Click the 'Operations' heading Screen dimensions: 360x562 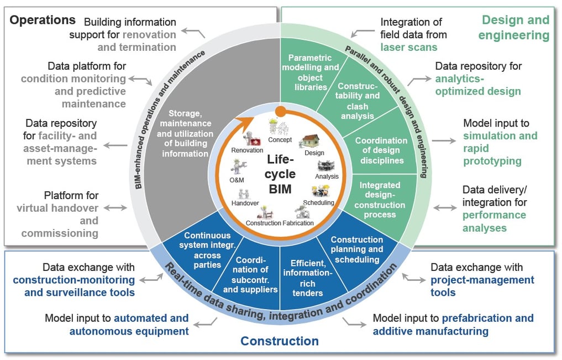click(43, 20)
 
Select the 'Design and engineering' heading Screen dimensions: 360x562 click(515, 28)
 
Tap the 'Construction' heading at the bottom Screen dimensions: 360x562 click(280, 341)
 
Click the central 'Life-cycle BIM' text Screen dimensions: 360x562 click(281, 174)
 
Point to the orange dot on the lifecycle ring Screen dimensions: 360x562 click(280, 111)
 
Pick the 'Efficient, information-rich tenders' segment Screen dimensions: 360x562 click(308, 276)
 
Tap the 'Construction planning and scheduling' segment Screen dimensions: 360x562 click(356, 249)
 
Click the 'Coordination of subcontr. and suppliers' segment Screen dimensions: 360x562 click(252, 274)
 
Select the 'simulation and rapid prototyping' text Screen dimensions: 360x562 click(500, 148)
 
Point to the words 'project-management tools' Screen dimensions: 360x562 click(482, 286)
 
